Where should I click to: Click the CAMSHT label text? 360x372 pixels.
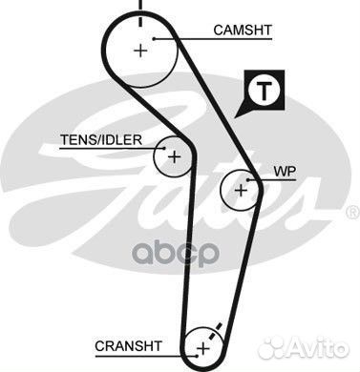pos(243,31)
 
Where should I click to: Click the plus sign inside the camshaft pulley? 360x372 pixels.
pos(141,51)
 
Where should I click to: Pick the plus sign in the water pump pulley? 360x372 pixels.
pos(241,191)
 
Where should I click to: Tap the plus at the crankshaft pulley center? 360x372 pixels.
pos(201,348)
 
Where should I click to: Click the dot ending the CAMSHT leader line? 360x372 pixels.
pos(153,38)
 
